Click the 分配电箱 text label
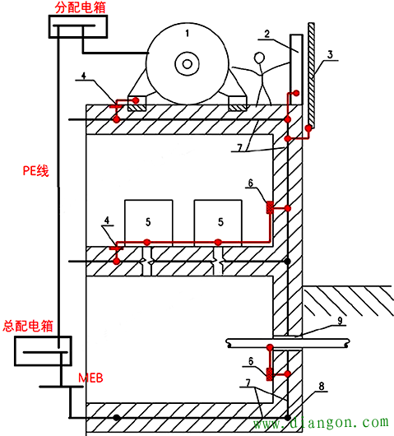(80, 9)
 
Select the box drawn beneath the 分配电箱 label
(79, 28)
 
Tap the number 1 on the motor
(187, 34)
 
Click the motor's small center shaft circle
(188, 64)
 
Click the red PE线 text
(35, 171)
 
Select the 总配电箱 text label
(28, 326)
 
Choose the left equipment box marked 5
(148, 220)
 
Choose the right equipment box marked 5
(217, 220)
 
